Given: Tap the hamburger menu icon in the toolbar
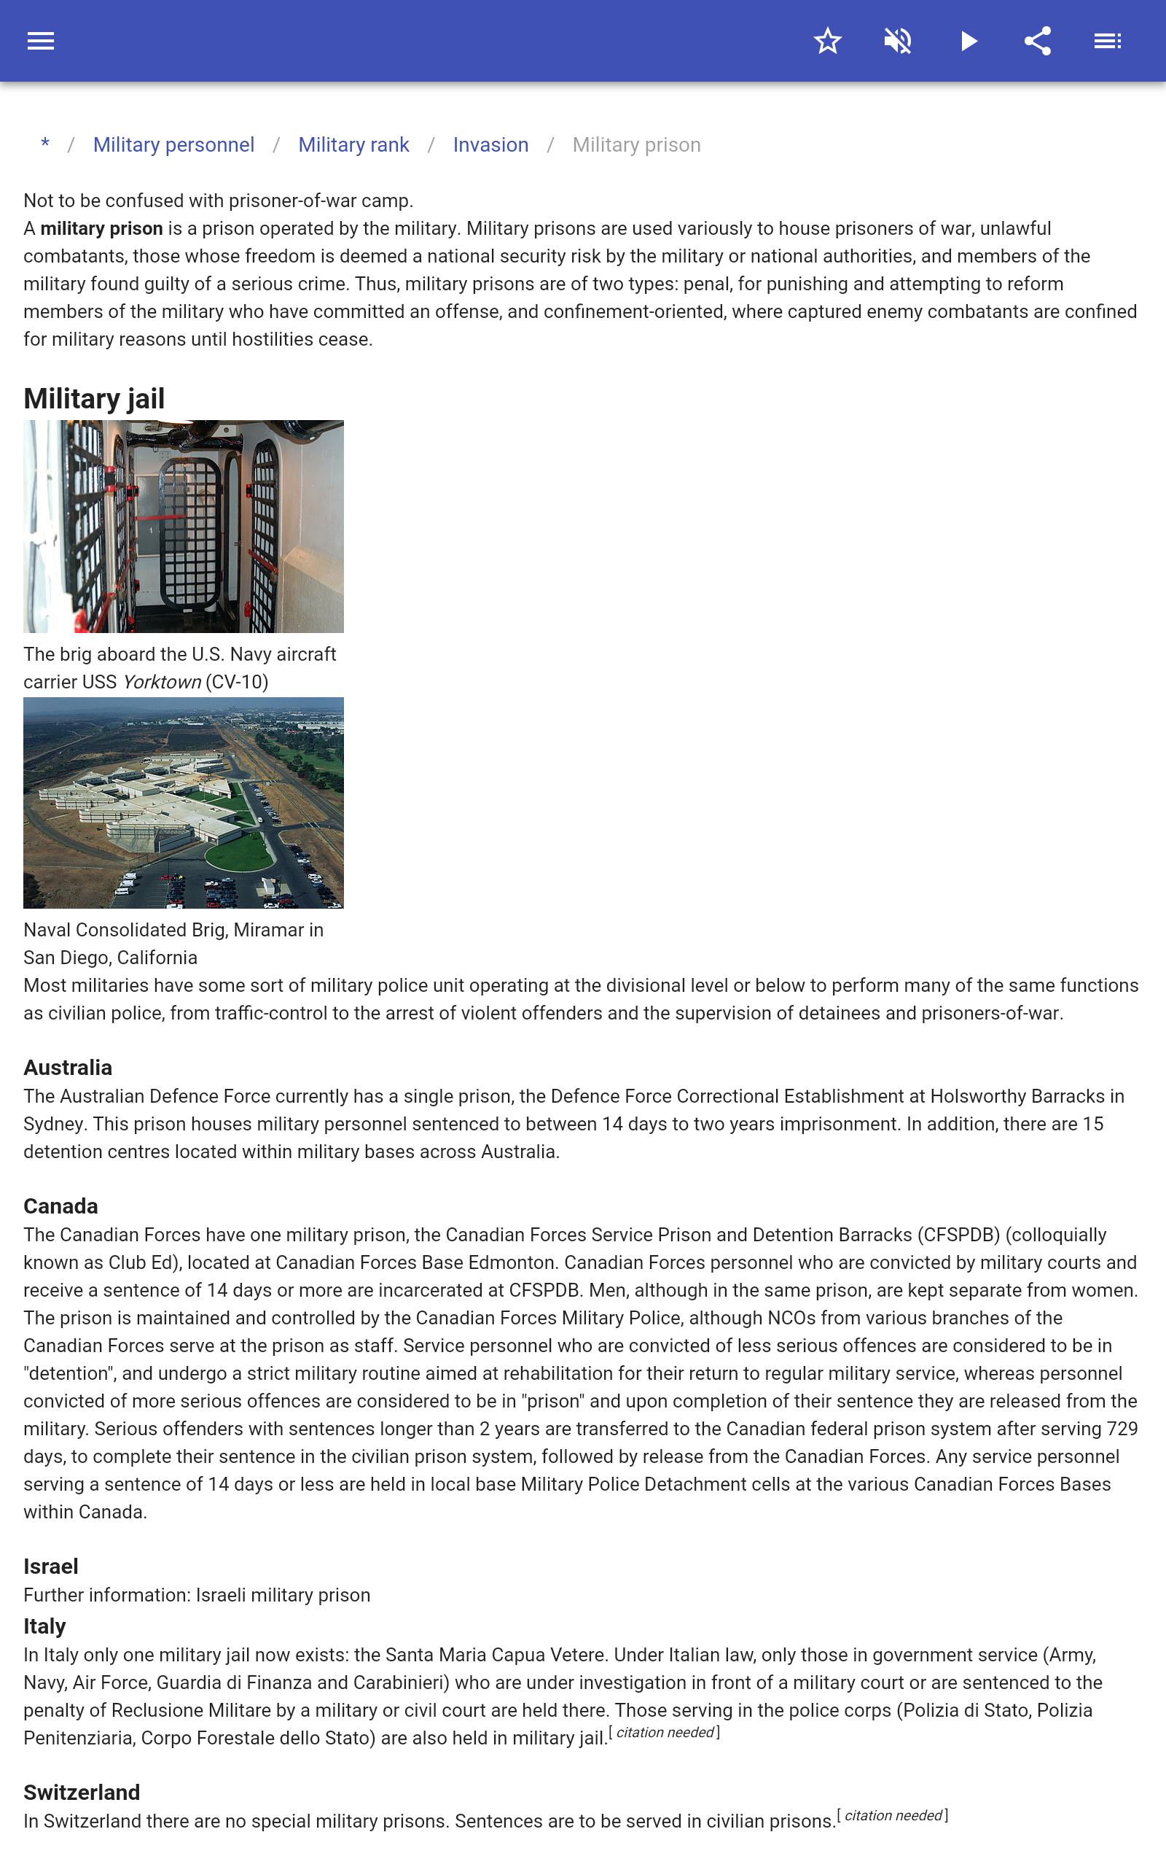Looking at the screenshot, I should point(41,41).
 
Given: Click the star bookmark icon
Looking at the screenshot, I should point(827,41).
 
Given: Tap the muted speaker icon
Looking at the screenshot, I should point(898,41).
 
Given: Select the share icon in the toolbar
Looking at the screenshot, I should point(1038,41).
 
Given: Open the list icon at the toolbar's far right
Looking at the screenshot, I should point(1108,41).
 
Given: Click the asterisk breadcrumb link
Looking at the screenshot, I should point(45,144).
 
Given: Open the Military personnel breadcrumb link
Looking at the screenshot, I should point(173,145).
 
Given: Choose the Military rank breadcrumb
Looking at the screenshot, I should point(353,145).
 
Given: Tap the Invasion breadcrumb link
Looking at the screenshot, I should point(490,145).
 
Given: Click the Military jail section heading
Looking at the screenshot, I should point(94,399).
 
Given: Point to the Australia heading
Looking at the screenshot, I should point(68,1068).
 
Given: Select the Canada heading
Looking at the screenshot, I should point(61,1206).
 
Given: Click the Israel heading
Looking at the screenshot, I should point(51,1566).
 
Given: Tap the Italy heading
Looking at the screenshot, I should point(44,1626).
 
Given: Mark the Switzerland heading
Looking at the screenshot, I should point(82,1792).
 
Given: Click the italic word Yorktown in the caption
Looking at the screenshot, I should point(162,682).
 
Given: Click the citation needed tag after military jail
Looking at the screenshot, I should point(665,1733).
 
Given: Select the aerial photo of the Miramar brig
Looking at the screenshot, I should point(184,802).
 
